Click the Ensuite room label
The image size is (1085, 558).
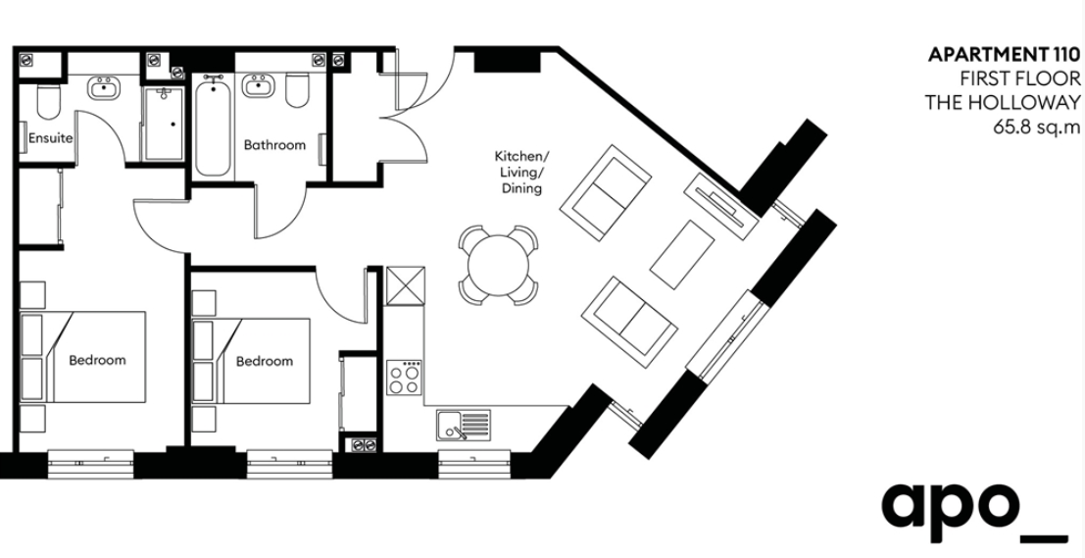click(x=51, y=137)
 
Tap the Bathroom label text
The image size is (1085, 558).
click(x=274, y=145)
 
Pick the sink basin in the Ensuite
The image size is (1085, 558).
click(x=104, y=87)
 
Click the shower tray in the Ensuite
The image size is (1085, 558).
click(x=164, y=124)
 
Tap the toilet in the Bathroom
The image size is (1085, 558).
click(x=298, y=90)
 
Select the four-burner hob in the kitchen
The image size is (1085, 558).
click(x=405, y=378)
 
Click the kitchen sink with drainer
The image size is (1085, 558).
click(x=464, y=425)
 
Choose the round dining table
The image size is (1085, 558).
click(x=498, y=265)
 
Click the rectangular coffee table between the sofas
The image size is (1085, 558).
click(x=682, y=255)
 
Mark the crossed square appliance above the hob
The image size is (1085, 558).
click(x=406, y=286)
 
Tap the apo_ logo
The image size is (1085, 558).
click(x=975, y=512)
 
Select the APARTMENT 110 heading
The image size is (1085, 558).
click(x=1004, y=54)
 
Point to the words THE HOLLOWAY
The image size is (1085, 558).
click(x=1003, y=102)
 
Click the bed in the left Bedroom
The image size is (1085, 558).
click(x=83, y=357)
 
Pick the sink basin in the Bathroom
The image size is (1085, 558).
click(x=259, y=86)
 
